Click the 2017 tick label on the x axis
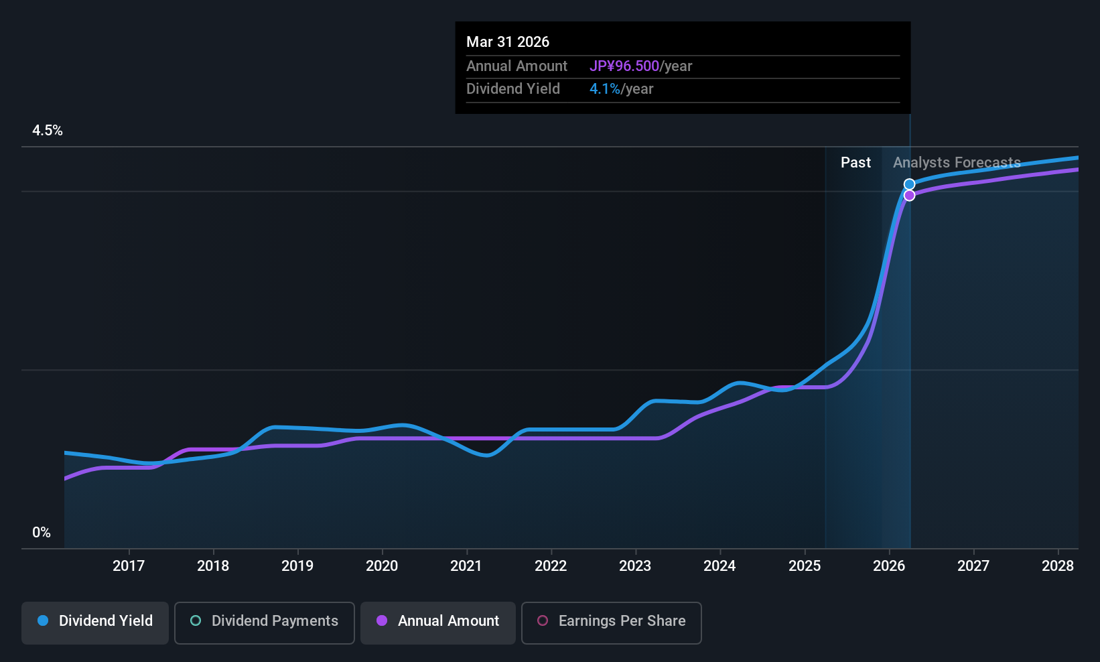pyautogui.click(x=129, y=566)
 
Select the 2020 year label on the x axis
pyautogui.click(x=382, y=566)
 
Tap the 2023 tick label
pyautogui.click(x=635, y=566)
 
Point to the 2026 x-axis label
pyautogui.click(x=889, y=566)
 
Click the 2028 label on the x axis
pyautogui.click(x=1058, y=566)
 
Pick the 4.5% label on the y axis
pyautogui.click(x=48, y=131)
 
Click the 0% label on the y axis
pyautogui.click(x=42, y=533)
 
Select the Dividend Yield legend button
pyautogui.click(x=95, y=621)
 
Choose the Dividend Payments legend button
pyautogui.click(x=265, y=621)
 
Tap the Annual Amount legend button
pyautogui.click(x=438, y=621)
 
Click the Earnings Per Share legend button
pyautogui.click(x=612, y=621)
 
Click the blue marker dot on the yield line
pyautogui.click(x=909, y=184)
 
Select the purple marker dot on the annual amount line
pyautogui.click(x=909, y=196)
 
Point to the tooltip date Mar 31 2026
pyautogui.click(x=508, y=42)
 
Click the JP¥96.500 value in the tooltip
pyautogui.click(x=624, y=66)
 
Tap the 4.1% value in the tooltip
pyautogui.click(x=605, y=89)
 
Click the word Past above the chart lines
pyautogui.click(x=855, y=163)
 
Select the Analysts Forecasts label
pyautogui.click(x=957, y=163)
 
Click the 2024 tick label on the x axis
pyautogui.click(x=719, y=566)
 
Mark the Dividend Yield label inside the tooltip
pyautogui.click(x=513, y=89)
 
